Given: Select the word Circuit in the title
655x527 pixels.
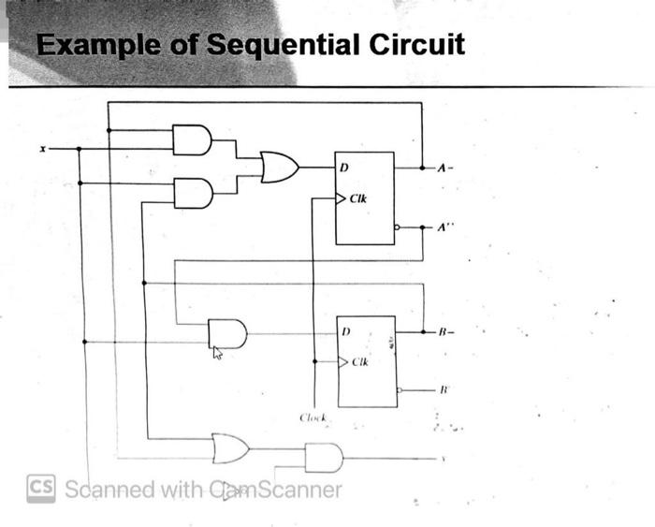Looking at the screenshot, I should [x=416, y=44].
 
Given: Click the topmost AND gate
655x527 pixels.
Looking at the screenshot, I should [x=193, y=139].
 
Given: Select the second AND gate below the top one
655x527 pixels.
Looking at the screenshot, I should [x=193, y=193].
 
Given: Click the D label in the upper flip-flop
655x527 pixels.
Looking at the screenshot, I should [x=344, y=168].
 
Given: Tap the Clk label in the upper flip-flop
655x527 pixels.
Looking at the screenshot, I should [x=359, y=198].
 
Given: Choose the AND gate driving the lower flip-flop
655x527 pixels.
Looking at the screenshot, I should [x=227, y=332].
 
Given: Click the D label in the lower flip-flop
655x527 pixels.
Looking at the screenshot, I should [x=345, y=330].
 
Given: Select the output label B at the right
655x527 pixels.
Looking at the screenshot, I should [x=444, y=330].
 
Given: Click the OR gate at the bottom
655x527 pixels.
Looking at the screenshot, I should [x=231, y=447].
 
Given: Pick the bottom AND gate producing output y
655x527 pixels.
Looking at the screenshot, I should [x=324, y=459].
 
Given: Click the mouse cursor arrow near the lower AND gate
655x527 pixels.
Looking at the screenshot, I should [x=217, y=352].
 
